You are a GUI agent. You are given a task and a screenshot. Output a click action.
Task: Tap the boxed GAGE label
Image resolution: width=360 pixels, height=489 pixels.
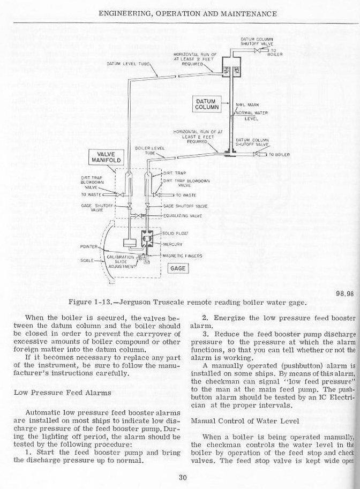click(x=177, y=268)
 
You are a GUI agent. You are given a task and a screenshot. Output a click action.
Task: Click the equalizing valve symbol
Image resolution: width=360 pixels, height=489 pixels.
click(x=139, y=216)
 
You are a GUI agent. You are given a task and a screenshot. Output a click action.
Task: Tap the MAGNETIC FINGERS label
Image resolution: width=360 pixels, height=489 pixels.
click(x=184, y=255)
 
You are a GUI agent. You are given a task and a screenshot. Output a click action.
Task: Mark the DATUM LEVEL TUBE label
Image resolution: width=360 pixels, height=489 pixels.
click(x=125, y=63)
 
